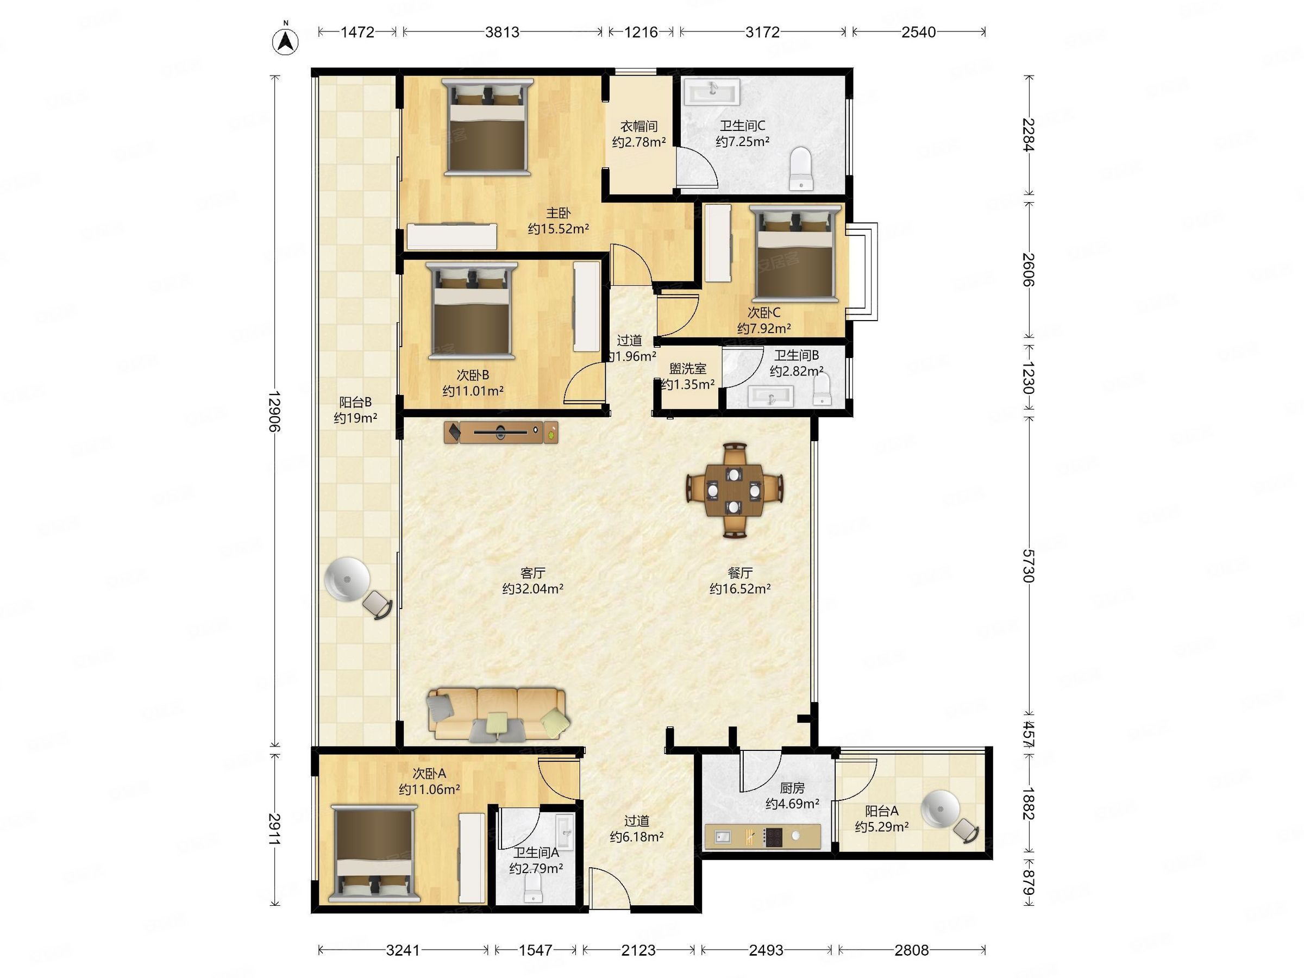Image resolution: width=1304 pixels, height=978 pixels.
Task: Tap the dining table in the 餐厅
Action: [734, 491]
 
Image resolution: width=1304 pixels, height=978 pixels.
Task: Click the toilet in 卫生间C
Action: [800, 168]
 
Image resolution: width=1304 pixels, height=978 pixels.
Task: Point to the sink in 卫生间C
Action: [712, 92]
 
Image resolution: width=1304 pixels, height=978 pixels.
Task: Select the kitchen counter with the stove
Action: [763, 837]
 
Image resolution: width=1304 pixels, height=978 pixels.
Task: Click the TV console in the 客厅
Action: [501, 432]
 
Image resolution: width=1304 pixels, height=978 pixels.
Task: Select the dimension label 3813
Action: [502, 32]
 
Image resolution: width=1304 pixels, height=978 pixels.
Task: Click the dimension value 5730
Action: [1028, 566]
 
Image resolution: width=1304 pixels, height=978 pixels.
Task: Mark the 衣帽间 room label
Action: [639, 126]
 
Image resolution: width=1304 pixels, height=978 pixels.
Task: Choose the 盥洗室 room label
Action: [688, 369]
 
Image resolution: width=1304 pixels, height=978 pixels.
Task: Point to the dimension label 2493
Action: [766, 950]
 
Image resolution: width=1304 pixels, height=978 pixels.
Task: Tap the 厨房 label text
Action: [792, 788]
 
